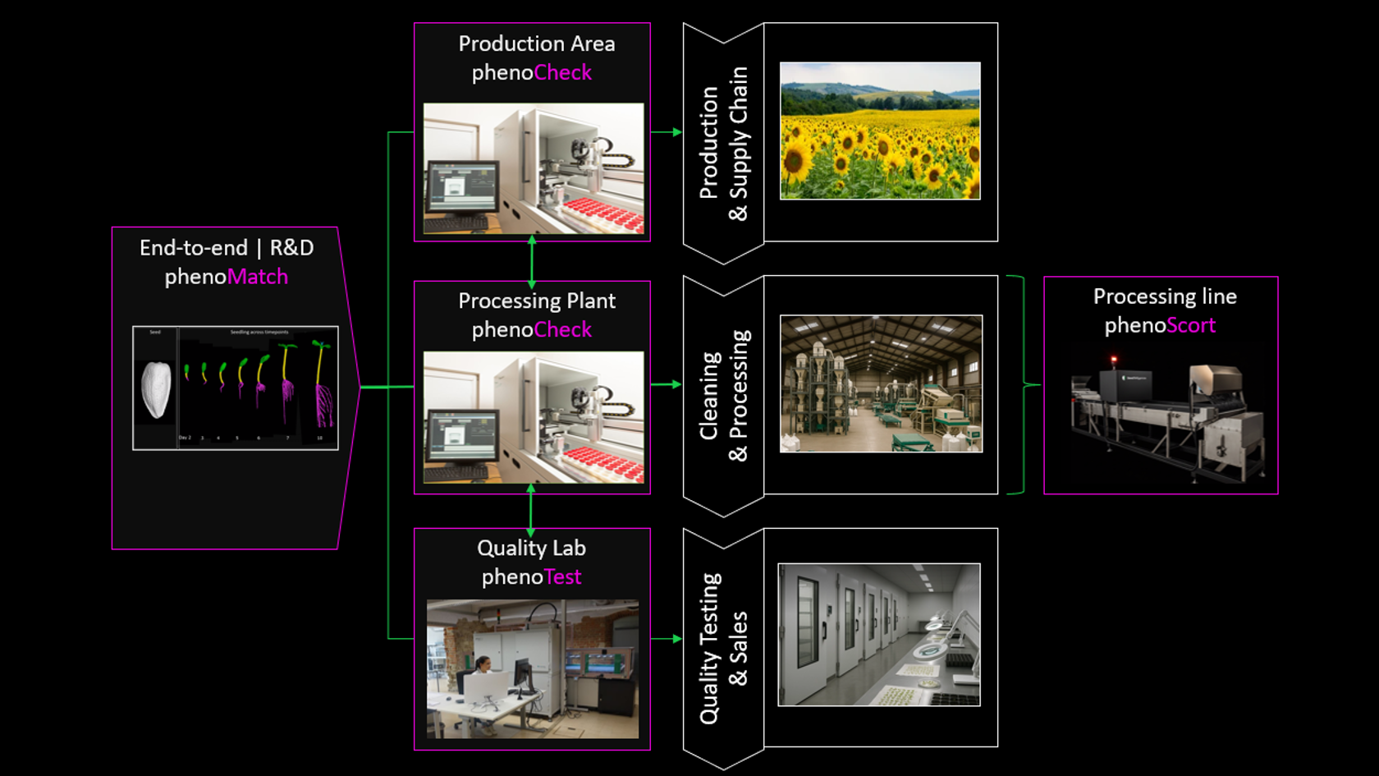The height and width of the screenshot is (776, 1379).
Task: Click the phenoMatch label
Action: coord(226,277)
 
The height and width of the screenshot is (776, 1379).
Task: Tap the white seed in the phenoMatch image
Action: coord(156,389)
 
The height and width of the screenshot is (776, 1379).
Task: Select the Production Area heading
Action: coord(536,44)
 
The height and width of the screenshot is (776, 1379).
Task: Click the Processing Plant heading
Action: coord(536,301)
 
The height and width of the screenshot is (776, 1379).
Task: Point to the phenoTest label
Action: coord(531,576)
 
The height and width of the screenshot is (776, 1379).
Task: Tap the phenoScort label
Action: coord(1160,325)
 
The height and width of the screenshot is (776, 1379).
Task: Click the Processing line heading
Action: coord(1164,296)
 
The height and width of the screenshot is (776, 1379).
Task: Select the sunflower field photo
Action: coord(880,131)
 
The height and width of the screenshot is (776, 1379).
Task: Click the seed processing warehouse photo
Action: coord(881,383)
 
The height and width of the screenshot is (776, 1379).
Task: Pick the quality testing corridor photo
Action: coord(879,635)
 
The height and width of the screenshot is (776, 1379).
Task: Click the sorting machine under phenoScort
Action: coord(1166,419)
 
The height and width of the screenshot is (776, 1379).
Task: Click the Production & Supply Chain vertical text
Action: coord(723,144)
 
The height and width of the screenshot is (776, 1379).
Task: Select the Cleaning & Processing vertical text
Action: coord(723,396)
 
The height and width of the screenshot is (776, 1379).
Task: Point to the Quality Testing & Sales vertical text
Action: coord(723,649)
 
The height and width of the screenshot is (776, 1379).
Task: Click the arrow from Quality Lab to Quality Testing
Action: coord(666,638)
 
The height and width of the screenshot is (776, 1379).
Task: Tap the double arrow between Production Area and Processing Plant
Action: coord(532,261)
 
